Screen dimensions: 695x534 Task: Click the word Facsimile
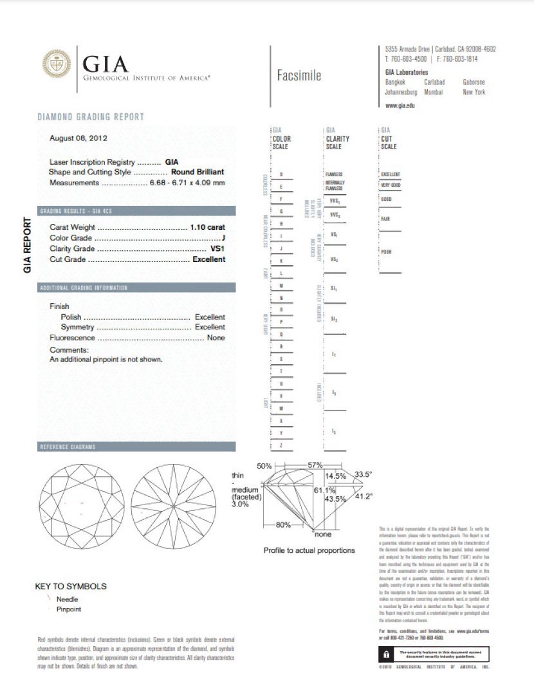click(x=299, y=76)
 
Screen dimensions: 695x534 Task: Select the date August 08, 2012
click(x=78, y=138)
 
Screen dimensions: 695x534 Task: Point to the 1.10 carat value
click(x=208, y=227)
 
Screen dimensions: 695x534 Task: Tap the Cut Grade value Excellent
click(x=209, y=259)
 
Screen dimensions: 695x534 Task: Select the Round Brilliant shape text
click(x=198, y=172)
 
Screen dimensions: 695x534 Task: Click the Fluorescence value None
click(x=216, y=338)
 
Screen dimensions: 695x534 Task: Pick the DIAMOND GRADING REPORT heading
click(x=91, y=117)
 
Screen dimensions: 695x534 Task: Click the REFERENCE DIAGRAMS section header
click(x=68, y=447)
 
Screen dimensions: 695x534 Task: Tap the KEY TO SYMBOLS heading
click(x=71, y=586)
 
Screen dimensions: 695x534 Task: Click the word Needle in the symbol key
click(x=68, y=599)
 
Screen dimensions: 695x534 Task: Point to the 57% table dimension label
click(x=315, y=465)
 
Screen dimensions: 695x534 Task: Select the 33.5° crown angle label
click(x=364, y=475)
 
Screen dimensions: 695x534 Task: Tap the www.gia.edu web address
click(x=399, y=105)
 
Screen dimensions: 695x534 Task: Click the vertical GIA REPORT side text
click(x=27, y=245)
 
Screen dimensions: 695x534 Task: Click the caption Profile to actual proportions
click(x=309, y=550)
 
